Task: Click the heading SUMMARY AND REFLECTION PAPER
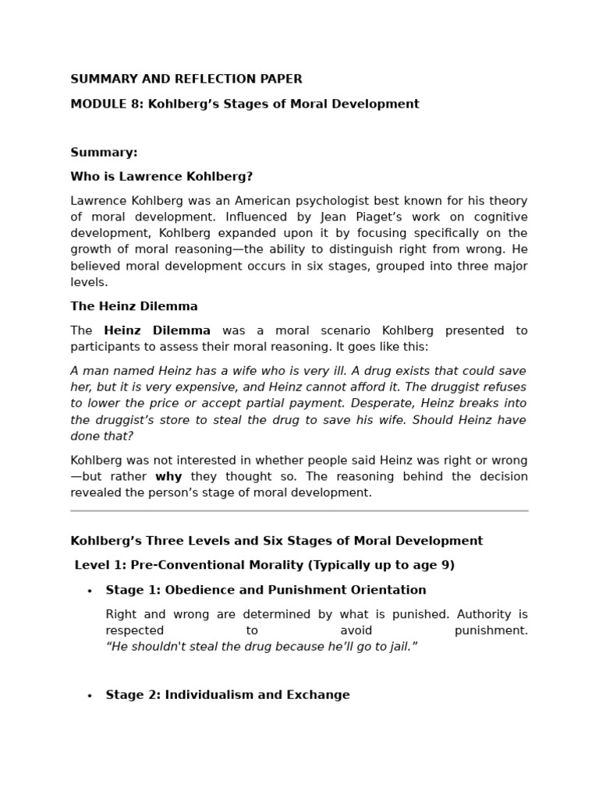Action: coord(186,79)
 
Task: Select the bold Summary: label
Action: coord(104,152)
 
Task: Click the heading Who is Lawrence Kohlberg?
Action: coord(161,176)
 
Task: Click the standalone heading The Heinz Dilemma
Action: coord(133,306)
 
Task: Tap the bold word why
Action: coord(168,476)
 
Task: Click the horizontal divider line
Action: coord(299,511)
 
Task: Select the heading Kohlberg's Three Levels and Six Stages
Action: coord(276,541)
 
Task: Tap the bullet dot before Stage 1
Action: coord(90,591)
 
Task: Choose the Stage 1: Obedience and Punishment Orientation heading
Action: coord(265,590)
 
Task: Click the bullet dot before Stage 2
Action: coord(90,695)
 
